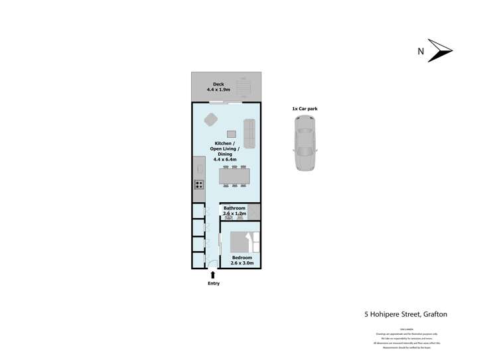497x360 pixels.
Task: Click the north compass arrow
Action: (440, 51)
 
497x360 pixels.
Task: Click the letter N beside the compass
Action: (420, 51)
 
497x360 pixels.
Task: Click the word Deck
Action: (218, 84)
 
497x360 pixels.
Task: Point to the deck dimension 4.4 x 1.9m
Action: (218, 90)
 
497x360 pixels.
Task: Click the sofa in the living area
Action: (250, 133)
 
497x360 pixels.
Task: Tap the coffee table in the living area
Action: (232, 133)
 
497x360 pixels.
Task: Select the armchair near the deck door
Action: (211, 119)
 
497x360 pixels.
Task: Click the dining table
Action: (234, 176)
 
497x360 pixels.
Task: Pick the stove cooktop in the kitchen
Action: (198, 185)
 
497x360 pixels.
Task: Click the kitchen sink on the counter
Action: (198, 169)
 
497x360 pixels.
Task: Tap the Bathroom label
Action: (234, 208)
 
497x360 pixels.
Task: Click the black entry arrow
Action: (212, 274)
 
